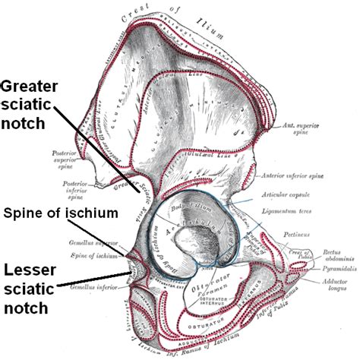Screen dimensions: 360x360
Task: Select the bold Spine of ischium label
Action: click(x=61, y=214)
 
